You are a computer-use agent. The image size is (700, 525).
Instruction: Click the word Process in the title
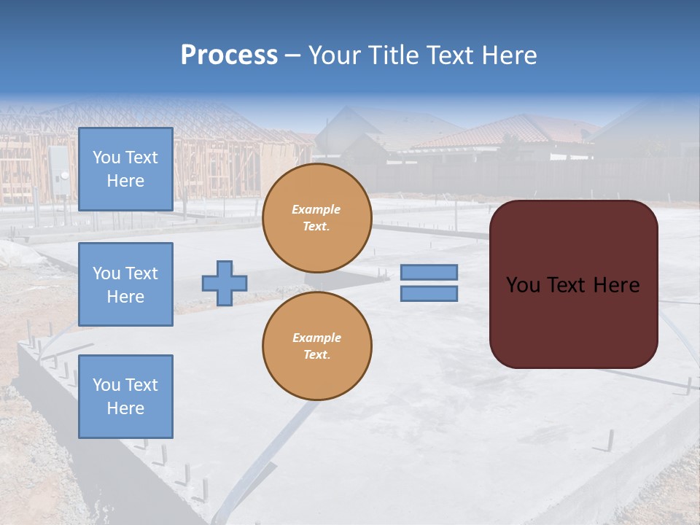pos(229,55)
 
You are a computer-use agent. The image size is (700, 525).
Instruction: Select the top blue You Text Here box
pos(125,169)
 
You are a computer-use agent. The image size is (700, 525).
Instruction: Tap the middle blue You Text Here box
pos(125,284)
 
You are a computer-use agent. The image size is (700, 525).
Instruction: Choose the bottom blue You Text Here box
pos(125,397)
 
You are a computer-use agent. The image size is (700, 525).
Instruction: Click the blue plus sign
pos(225,283)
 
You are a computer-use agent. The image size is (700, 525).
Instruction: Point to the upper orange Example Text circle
pos(316,218)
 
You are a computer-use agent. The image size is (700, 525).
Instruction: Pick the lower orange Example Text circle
pos(316,346)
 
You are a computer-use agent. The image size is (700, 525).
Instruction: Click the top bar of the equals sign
pos(429,272)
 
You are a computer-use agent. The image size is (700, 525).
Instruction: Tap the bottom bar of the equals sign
pos(429,293)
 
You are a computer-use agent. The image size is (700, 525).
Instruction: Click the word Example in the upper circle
pos(316,209)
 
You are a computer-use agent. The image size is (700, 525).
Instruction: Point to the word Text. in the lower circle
pos(316,355)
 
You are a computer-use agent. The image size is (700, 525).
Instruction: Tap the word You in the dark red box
pos(523,285)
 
